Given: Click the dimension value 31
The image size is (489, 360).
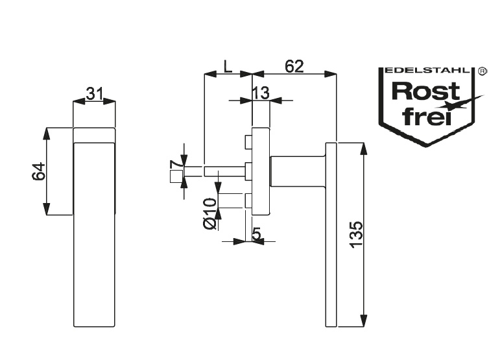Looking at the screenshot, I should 95,93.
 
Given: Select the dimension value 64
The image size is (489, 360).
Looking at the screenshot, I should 38,172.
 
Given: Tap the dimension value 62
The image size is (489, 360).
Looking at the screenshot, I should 294,66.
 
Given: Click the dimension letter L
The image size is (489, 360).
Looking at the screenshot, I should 227,66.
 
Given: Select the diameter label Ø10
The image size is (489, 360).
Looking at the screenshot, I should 209,214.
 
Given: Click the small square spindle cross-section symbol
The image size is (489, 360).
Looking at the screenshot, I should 174,177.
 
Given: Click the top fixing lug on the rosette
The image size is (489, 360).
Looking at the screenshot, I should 247,141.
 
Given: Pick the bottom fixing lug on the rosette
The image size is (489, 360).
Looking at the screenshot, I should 247,202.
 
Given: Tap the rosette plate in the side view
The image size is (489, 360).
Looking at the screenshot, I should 261,172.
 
